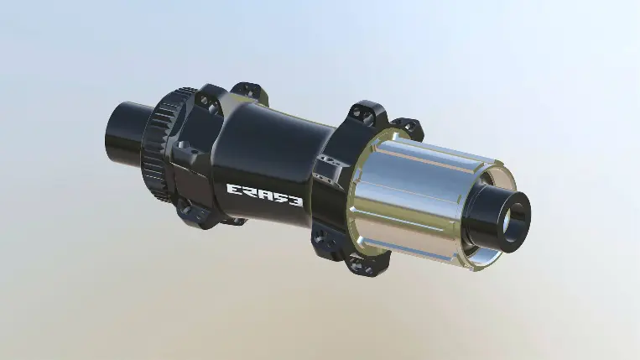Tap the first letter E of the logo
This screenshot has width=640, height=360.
pos(235,189)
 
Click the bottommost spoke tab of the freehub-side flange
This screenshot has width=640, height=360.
pos(362,264)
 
